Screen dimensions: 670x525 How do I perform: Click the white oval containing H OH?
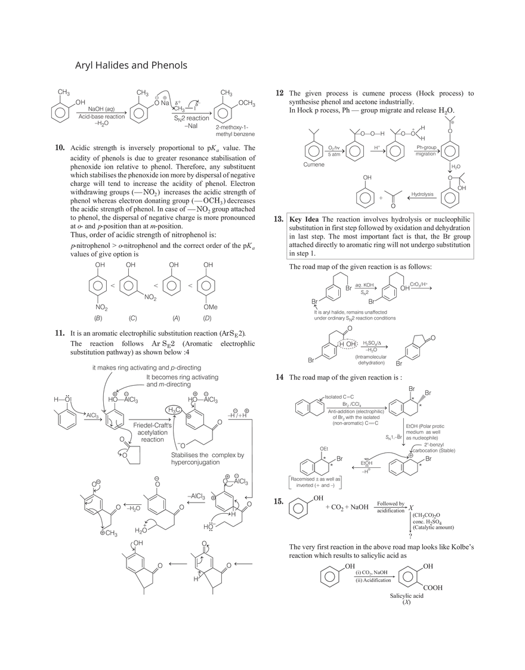pos(349,345)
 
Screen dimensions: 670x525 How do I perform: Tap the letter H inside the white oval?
pos(342,345)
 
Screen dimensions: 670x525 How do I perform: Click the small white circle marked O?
pos(124,455)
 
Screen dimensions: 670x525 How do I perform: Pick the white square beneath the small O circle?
pos(122,460)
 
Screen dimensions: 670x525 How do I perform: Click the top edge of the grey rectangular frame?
pos(379,212)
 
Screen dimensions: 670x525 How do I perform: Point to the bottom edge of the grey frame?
pos(379,260)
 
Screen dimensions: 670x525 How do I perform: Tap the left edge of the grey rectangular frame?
pos(283,236)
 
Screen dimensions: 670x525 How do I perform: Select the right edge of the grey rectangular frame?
pos(475,236)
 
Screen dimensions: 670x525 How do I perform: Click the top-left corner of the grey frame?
pos(283,212)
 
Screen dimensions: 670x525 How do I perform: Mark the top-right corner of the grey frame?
pos(475,212)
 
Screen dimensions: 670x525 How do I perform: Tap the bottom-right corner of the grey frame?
pos(475,260)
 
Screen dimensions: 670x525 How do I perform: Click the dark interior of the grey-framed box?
pos(379,236)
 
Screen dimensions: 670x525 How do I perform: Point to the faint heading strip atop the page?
pos(131,65)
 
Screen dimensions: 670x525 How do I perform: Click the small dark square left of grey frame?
pos(276,219)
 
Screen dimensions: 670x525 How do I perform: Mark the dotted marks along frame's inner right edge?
pos(470,236)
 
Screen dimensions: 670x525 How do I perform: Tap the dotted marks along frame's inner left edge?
pos(288,236)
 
